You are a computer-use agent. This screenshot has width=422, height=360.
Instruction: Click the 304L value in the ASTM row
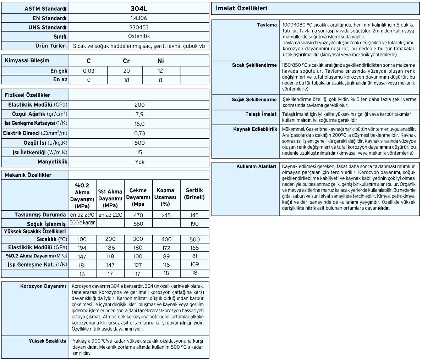(139, 8)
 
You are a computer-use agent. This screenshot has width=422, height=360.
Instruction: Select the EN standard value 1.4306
(139, 18)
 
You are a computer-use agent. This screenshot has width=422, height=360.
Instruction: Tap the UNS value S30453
(139, 27)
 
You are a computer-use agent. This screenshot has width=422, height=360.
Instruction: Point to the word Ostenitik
(139, 37)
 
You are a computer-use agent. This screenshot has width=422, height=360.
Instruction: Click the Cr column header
(126, 61)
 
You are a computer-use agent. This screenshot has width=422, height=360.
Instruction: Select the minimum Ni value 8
(160, 80)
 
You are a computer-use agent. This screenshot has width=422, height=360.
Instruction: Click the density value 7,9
(139, 114)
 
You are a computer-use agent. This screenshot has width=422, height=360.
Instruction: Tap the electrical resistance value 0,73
(139, 133)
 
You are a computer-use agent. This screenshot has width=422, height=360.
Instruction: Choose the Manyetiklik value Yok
(139, 162)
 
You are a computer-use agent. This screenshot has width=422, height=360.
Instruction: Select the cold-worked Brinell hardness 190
(194, 224)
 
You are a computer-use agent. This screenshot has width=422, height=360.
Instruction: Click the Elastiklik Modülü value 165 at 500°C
(194, 247)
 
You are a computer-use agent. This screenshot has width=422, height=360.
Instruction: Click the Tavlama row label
(267, 25)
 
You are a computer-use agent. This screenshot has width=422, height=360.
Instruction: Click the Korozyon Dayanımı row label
(44, 286)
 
